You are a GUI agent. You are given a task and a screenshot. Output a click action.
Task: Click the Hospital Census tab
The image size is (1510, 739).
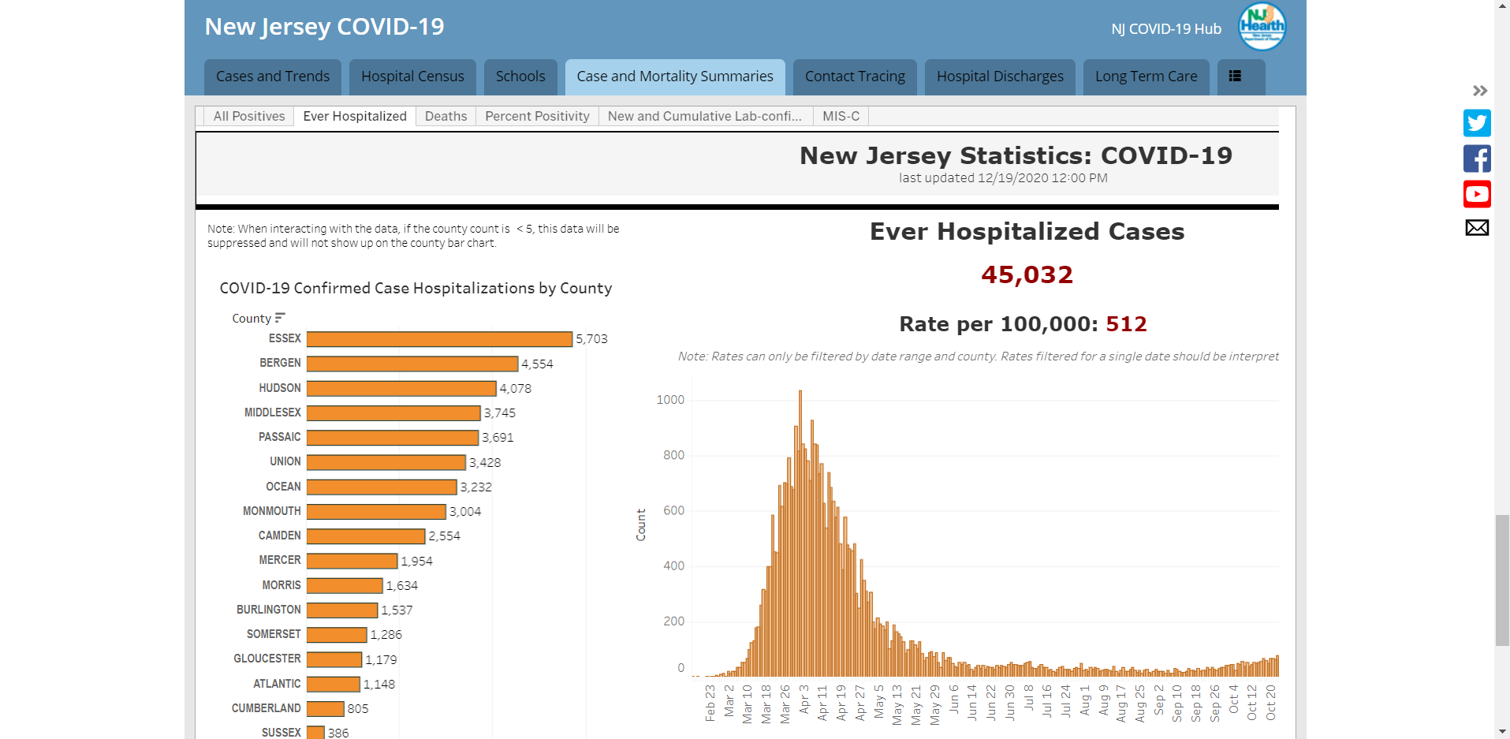tap(412, 77)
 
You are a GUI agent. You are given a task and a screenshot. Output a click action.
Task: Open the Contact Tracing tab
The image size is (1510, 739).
tap(855, 77)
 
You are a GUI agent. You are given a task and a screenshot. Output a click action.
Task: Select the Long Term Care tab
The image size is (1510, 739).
tap(1146, 77)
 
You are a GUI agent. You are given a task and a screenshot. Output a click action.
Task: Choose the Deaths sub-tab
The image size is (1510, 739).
tap(446, 116)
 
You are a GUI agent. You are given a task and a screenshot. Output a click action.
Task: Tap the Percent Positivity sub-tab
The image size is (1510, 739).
tap(537, 116)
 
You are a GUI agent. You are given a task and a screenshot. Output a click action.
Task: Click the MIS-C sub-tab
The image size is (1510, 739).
tap(841, 116)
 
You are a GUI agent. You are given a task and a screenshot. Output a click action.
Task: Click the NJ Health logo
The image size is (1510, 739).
tap(1262, 26)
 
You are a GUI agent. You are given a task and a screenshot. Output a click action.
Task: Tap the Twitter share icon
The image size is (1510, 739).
tap(1477, 123)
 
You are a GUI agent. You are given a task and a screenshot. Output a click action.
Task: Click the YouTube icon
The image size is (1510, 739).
tap(1477, 194)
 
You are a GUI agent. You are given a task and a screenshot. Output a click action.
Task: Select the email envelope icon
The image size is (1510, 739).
tap(1477, 228)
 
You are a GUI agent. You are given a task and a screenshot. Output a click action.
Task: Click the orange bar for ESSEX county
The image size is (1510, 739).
tap(439, 339)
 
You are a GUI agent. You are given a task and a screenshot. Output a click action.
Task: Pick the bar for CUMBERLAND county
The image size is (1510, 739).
tap(326, 708)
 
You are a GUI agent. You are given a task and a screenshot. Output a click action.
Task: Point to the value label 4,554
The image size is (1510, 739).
tap(537, 364)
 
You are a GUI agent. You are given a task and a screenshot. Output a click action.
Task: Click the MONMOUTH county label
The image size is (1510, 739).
tap(272, 511)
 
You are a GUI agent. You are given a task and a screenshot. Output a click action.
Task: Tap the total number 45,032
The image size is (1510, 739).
tap(1027, 274)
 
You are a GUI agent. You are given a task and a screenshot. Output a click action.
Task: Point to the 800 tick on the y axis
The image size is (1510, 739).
tap(673, 455)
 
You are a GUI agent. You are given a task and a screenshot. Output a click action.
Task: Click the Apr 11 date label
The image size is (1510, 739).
tap(822, 703)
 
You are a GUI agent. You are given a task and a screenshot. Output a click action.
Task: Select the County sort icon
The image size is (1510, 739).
tap(280, 318)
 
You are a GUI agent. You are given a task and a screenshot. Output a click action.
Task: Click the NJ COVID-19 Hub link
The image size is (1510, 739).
tap(1166, 29)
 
